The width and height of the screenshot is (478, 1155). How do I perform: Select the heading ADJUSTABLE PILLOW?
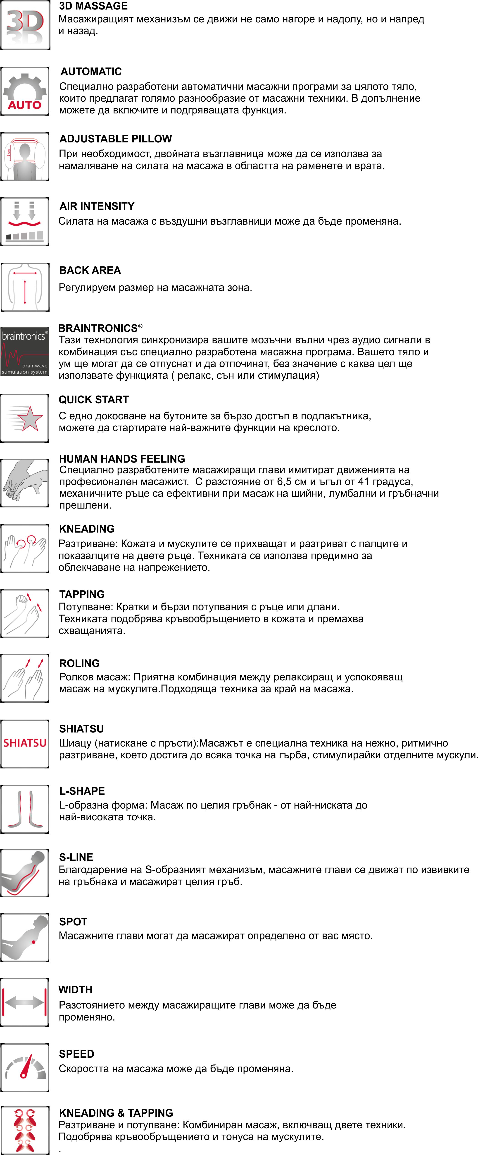[x=116, y=139]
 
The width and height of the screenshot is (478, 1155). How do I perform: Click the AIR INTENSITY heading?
[x=97, y=206]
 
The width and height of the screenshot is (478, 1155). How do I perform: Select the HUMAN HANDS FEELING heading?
[x=122, y=459]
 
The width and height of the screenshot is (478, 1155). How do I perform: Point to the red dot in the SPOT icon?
[x=34, y=942]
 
